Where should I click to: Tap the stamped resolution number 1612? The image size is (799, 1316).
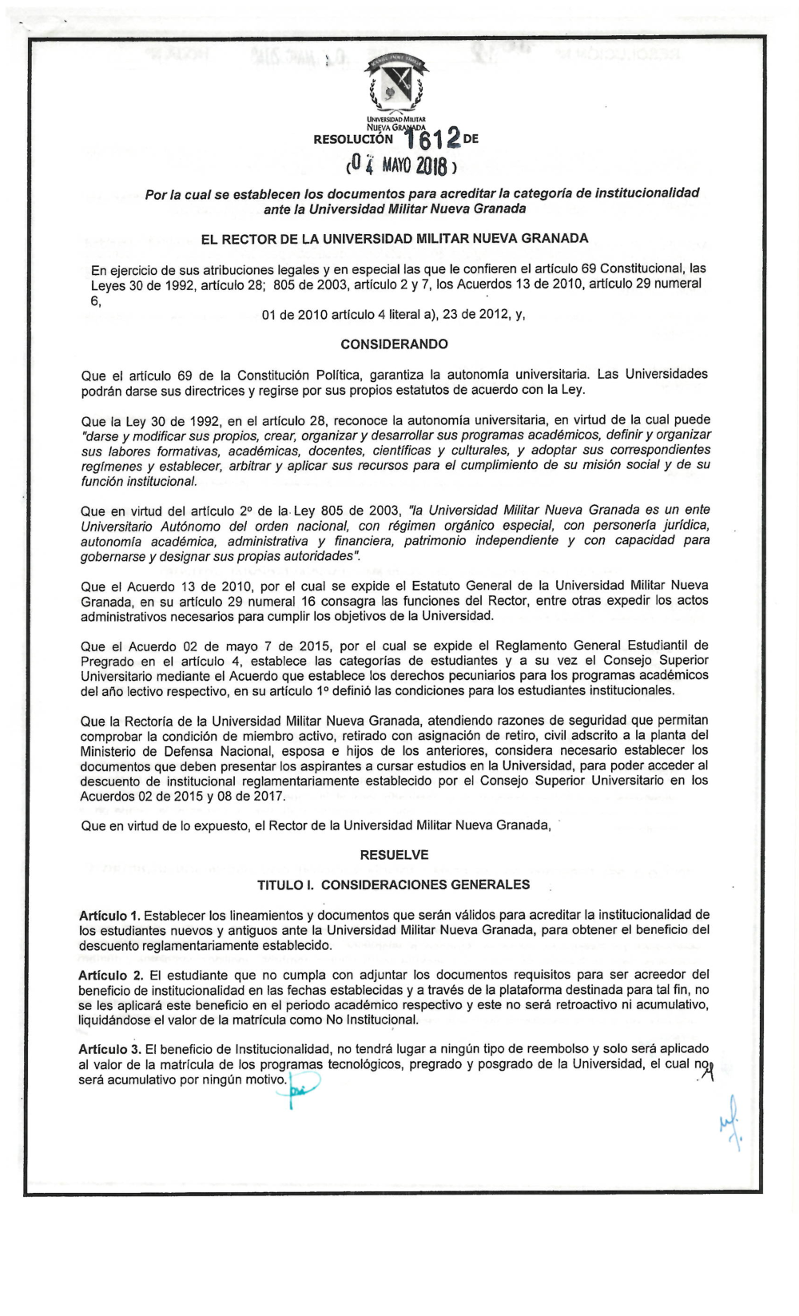432,140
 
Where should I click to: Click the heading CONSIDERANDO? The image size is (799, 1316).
394,344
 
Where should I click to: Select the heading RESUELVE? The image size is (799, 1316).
394,855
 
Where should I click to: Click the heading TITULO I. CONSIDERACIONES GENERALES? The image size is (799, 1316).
393,885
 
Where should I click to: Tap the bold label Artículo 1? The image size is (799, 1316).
109,915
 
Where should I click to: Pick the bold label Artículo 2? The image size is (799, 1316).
110,975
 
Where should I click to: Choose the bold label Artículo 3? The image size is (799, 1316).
109,1049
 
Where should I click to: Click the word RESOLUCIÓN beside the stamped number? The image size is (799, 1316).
353,139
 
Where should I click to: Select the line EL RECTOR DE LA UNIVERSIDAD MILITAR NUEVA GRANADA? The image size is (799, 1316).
394,238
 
